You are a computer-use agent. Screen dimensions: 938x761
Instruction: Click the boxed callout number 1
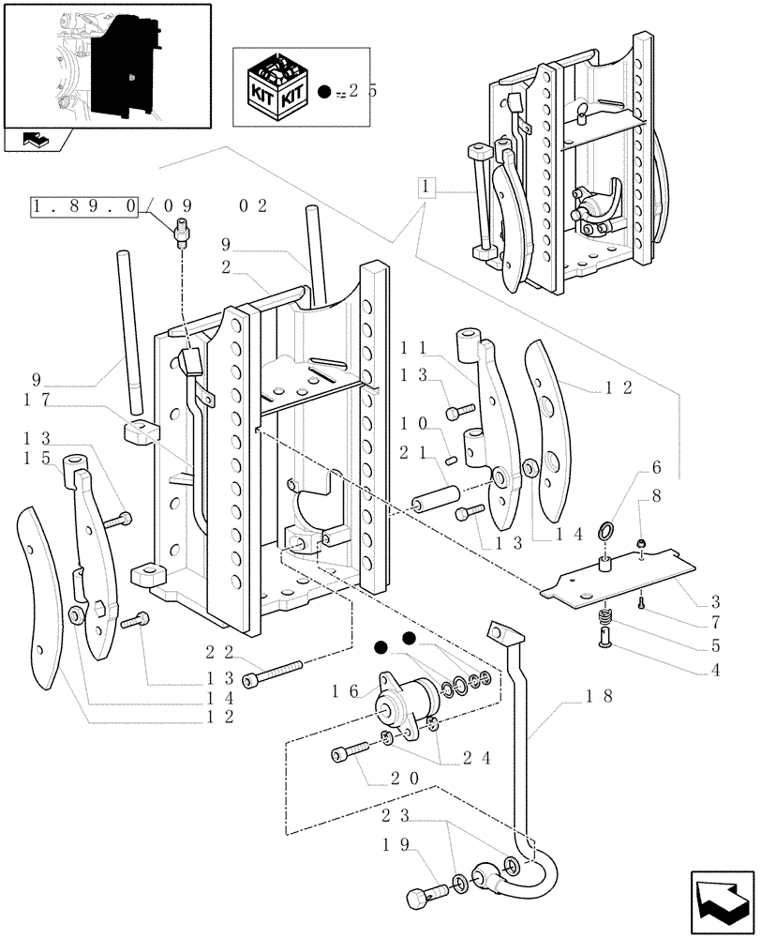[425, 187]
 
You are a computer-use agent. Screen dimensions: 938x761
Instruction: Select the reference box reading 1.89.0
[85, 206]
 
